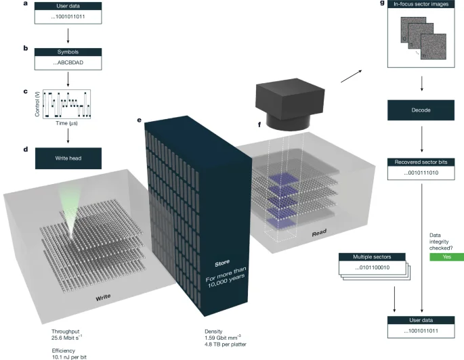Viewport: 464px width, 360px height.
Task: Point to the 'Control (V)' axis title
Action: (38, 104)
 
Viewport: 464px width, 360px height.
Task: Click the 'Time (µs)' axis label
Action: (67, 125)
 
